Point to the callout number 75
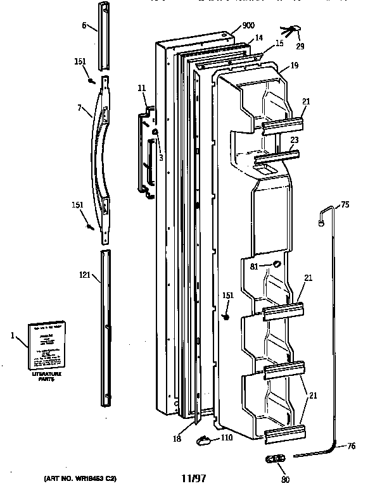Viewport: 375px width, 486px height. (345, 204)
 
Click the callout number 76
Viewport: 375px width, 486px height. (351, 447)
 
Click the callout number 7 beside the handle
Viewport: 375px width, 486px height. (80, 108)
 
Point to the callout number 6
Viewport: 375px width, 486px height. (84, 27)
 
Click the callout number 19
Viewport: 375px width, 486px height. (295, 66)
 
